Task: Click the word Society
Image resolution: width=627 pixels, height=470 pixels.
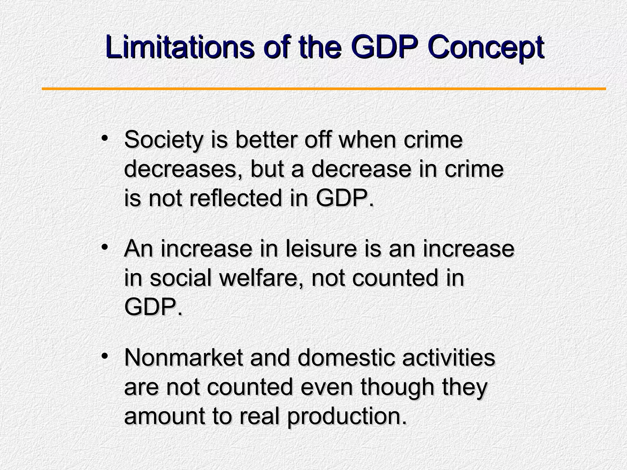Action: click(x=164, y=140)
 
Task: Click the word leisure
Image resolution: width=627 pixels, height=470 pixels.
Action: click(x=321, y=249)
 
